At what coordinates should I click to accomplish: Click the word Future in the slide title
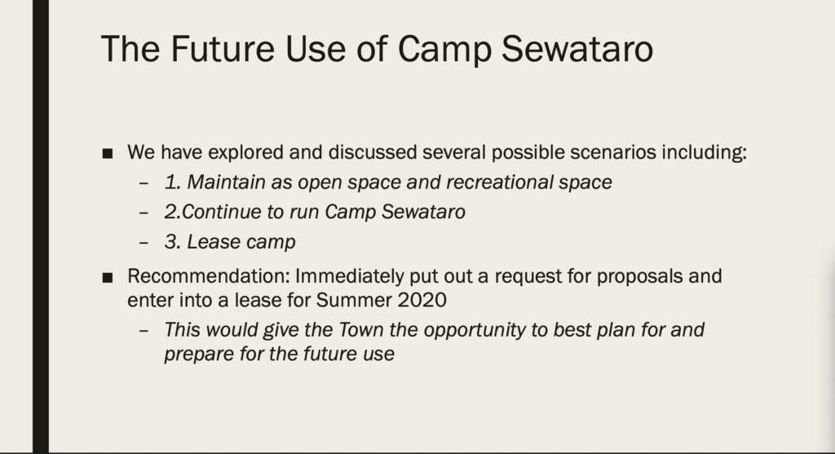(x=223, y=49)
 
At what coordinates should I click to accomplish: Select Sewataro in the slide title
(x=577, y=49)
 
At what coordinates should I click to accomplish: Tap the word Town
(x=360, y=330)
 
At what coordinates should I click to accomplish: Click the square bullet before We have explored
(x=108, y=154)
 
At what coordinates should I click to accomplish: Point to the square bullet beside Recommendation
(x=108, y=278)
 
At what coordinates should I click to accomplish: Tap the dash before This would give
(x=144, y=331)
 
